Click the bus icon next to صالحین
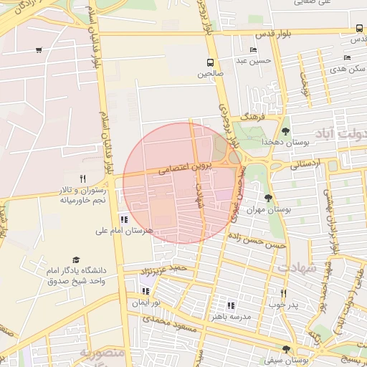point(210,62)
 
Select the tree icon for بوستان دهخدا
point(286,131)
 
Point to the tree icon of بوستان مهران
point(268,198)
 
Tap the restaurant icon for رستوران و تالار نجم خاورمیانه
point(82,178)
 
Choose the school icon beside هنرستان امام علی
point(124,219)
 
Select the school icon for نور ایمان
point(147,291)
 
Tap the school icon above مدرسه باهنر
point(230,305)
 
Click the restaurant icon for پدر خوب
point(284,293)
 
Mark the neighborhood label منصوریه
point(102,353)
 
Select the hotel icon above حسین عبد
point(252,49)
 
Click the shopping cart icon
point(38,50)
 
